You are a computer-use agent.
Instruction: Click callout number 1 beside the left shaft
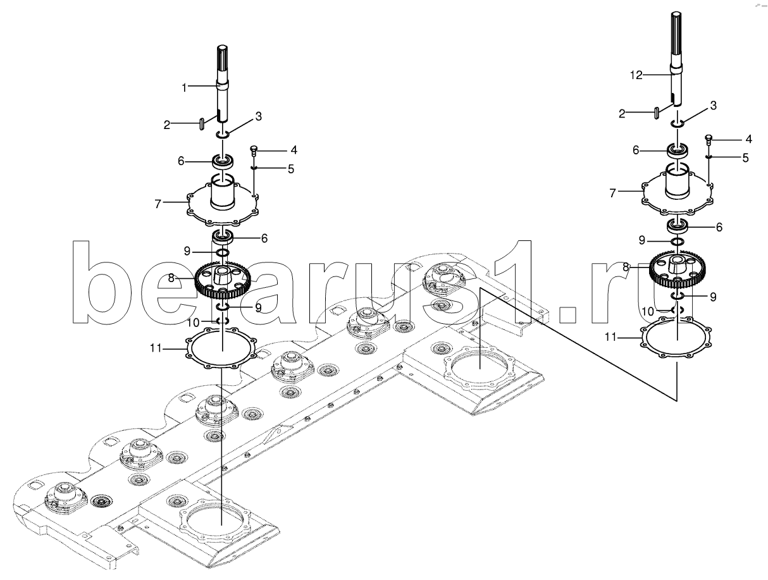185,87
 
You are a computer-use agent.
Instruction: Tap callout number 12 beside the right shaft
636,75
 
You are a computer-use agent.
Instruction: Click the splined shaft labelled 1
222,89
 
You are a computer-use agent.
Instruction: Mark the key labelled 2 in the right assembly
657,112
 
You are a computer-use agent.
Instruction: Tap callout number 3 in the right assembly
713,106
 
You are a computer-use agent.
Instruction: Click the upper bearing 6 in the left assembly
223,161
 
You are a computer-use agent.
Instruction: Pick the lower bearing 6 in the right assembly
678,225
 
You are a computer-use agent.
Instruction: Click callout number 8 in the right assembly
626,268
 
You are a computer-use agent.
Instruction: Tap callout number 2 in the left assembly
167,125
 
